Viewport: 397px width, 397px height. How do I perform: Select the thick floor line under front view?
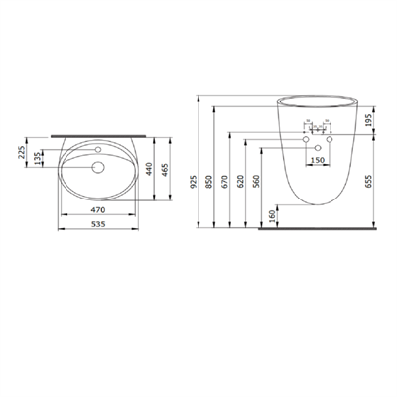318,229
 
